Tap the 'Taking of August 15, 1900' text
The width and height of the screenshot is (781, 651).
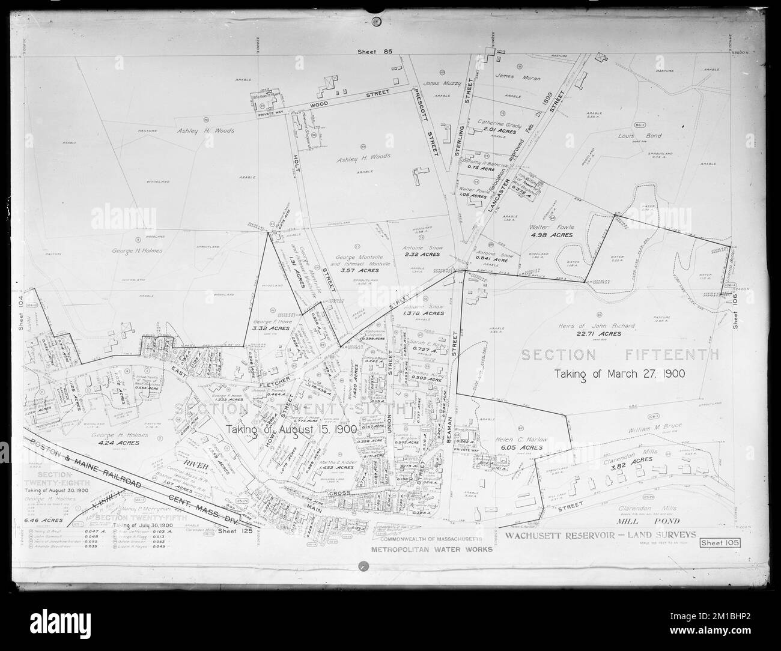pyautogui.click(x=292, y=430)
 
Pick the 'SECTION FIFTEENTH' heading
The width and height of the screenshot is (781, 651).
pyautogui.click(x=619, y=355)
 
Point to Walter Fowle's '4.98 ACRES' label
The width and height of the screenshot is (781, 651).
pyautogui.click(x=552, y=235)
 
